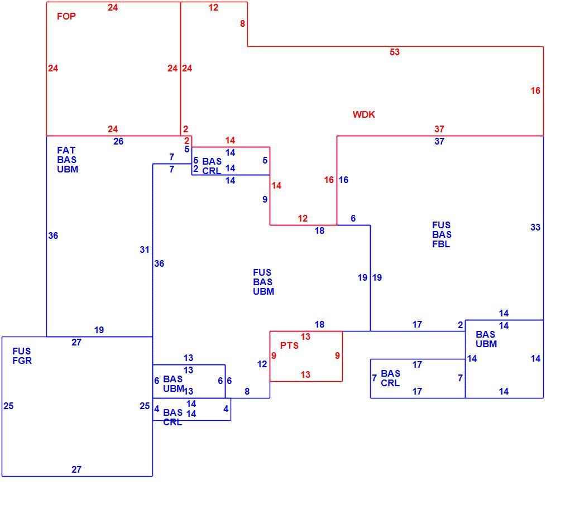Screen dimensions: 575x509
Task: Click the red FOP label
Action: pos(66,16)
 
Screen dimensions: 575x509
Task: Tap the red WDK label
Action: pos(364,114)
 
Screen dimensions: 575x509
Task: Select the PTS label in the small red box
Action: pos(289,345)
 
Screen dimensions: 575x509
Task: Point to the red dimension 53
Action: pos(395,52)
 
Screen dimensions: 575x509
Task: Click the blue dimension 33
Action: pos(535,227)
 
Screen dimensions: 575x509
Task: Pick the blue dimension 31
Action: pos(145,249)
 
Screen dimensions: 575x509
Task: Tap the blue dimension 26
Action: pos(118,142)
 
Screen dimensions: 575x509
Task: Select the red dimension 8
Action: pos(242,24)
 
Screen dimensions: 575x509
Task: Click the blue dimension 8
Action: pos(247,392)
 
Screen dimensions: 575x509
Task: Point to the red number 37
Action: pos(439,129)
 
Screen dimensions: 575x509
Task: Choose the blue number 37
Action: pos(439,142)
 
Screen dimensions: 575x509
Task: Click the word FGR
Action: pos(22,361)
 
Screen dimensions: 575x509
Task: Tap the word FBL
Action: pos(441,244)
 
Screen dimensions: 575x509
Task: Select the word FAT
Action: pos(66,150)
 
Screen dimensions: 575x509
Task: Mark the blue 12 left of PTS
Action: pos(262,364)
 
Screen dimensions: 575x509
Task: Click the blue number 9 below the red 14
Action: pos(265,199)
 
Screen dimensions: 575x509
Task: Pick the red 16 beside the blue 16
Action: pos(329,180)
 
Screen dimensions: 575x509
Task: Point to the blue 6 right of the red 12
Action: pos(353,219)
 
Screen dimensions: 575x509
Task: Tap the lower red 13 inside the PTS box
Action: pos(305,375)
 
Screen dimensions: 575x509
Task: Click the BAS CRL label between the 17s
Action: pos(391,378)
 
